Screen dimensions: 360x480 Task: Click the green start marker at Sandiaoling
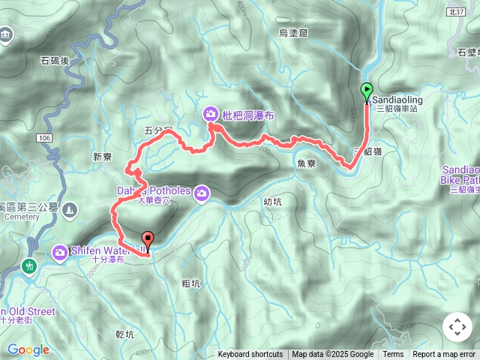(367, 91)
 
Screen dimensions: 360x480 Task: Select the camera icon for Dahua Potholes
(201, 195)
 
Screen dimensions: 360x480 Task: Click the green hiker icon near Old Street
(29, 266)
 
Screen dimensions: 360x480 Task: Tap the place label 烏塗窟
(293, 33)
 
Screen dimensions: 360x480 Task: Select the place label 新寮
(102, 157)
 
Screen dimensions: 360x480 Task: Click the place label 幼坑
(273, 201)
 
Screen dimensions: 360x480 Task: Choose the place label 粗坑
(191, 283)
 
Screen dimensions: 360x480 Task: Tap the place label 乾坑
(124, 334)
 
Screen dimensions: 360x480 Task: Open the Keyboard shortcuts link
(250, 355)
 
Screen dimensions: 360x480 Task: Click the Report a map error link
(445, 355)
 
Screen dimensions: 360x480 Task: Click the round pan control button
(457, 327)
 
